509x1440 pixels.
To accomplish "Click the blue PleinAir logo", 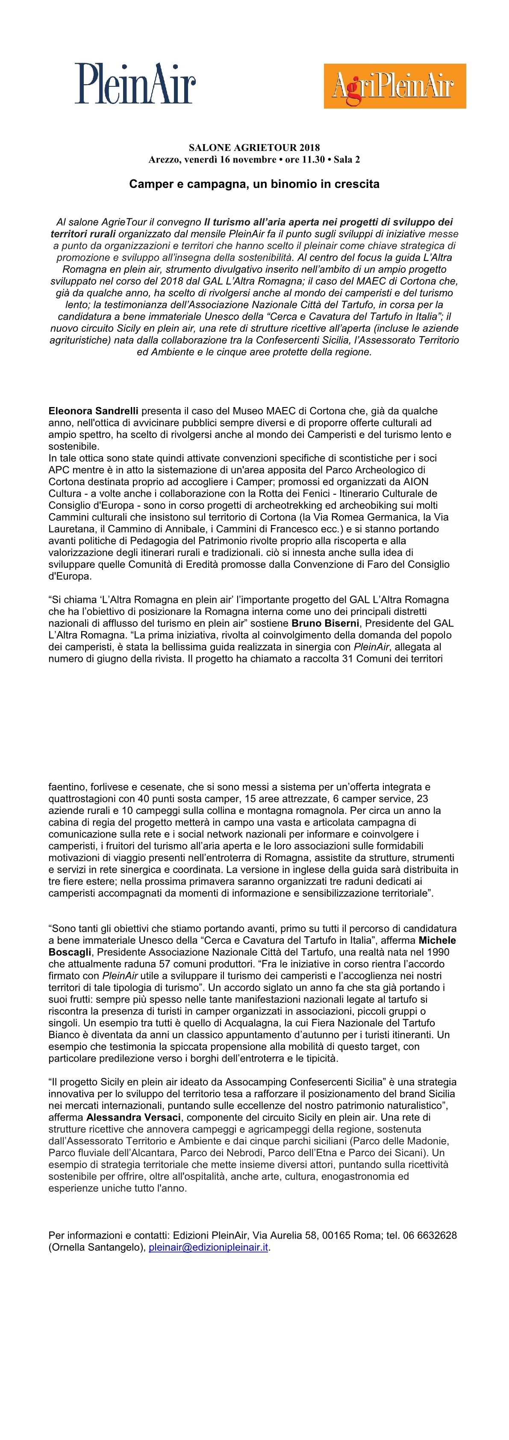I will point(135,84).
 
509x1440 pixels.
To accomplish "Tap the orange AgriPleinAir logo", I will point(394,86).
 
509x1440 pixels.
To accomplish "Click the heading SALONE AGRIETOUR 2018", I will point(254,148).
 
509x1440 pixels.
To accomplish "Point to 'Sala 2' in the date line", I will point(347,159).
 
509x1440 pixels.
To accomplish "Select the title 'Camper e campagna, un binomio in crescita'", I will point(254,184).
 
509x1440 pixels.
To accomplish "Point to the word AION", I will point(416,482).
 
